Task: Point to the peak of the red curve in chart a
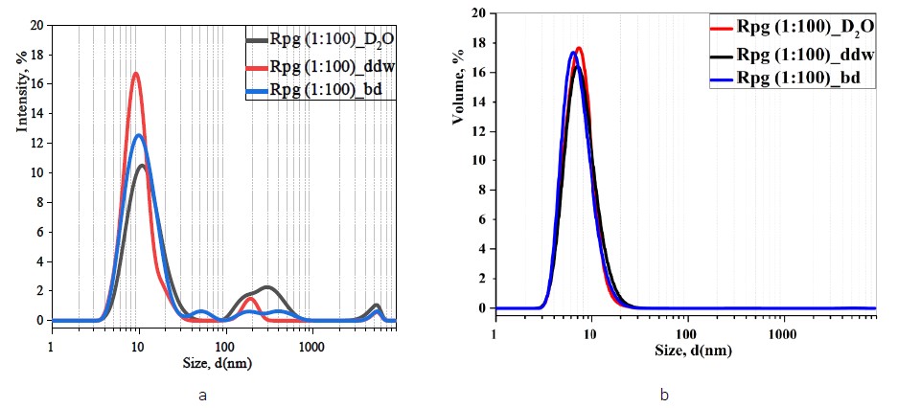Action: [136, 74]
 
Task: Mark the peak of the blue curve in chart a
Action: [139, 135]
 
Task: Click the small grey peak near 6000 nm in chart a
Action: [377, 306]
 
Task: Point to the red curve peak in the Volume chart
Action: [579, 48]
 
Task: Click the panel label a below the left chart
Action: [202, 394]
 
